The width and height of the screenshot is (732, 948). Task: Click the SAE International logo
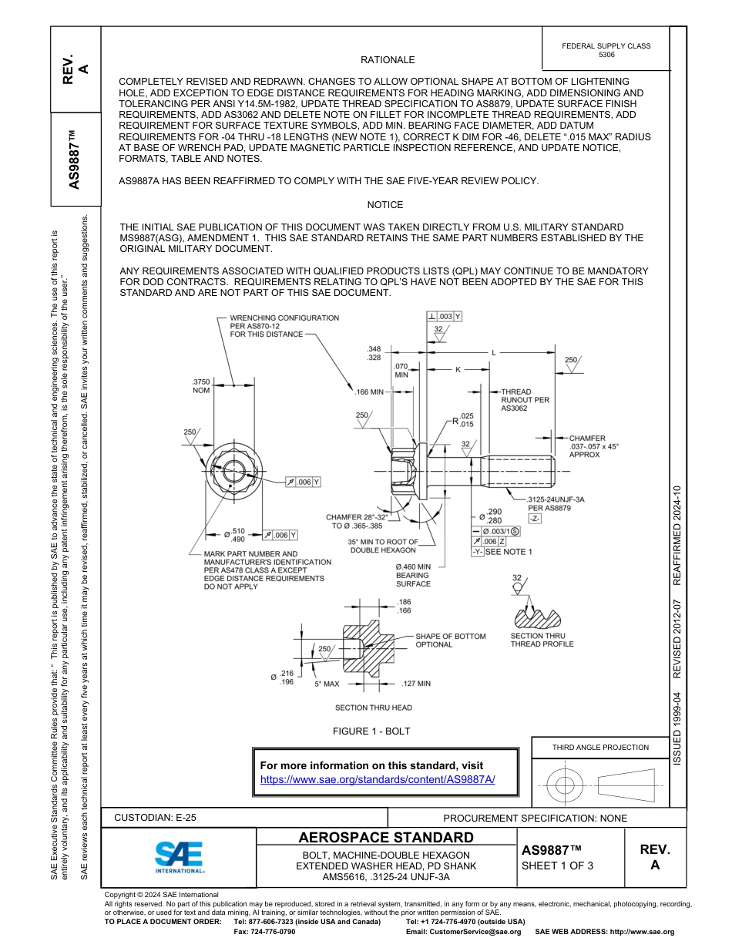pyautogui.click(x=180, y=856)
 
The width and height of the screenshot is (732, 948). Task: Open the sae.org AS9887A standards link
pyautogui.click(x=378, y=779)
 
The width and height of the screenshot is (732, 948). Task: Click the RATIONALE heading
pyautogui.click(x=388, y=60)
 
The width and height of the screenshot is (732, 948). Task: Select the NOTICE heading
pyautogui.click(x=385, y=205)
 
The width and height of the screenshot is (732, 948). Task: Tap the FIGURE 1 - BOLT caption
pyautogui.click(x=371, y=731)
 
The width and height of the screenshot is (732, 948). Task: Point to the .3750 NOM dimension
pyautogui.click(x=200, y=385)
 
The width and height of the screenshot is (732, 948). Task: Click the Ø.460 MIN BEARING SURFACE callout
pyautogui.click(x=413, y=575)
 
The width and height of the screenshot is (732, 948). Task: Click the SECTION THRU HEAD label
pyautogui.click(x=373, y=708)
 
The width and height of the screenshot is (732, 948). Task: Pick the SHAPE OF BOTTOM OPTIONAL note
pyautogui.click(x=450, y=640)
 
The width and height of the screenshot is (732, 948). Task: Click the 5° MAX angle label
pyautogui.click(x=327, y=684)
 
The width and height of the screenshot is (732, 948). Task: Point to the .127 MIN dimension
pyautogui.click(x=416, y=683)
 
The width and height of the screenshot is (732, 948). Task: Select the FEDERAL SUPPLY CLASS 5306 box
pyautogui.click(x=606, y=50)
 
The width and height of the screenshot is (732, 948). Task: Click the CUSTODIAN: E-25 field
pyautogui.click(x=160, y=818)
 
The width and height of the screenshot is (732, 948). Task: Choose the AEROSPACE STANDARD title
pyautogui.click(x=386, y=838)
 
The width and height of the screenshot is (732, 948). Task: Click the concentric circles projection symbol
pyautogui.click(x=566, y=785)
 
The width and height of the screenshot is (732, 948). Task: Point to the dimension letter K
pyautogui.click(x=457, y=370)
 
